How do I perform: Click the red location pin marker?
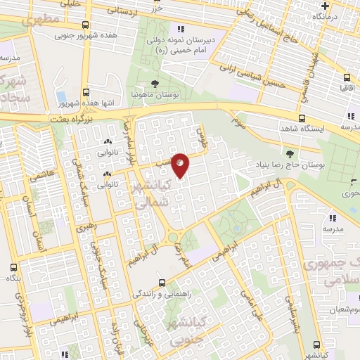(x=180, y=165)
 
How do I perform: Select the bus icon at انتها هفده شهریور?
(x=86, y=92)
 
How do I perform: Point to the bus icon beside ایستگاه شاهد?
(x=302, y=118)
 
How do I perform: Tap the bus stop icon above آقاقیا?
(x=347, y=77)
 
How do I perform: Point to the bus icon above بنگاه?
(x=13, y=267)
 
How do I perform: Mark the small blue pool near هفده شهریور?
(x=60, y=96)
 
